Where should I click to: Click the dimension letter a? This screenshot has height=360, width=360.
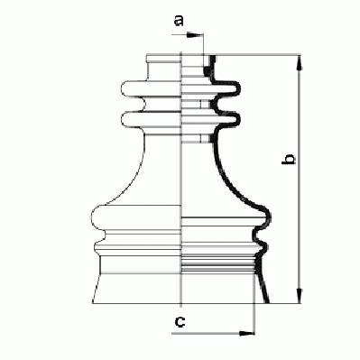(179, 21)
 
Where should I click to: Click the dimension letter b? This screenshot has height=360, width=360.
(288, 159)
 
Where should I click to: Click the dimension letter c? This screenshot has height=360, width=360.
(180, 322)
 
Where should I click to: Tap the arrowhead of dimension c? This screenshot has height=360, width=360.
(246, 333)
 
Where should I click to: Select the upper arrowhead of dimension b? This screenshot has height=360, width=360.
(299, 63)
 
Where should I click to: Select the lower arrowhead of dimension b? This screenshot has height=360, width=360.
(299, 295)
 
